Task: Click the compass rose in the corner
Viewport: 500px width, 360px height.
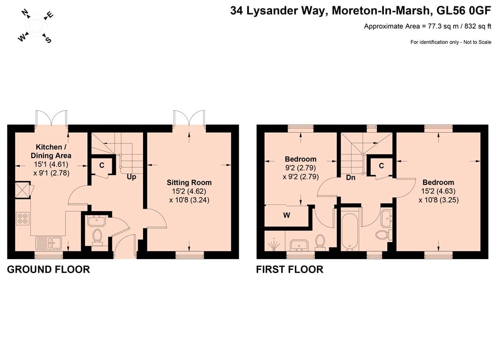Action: click(x=35, y=26)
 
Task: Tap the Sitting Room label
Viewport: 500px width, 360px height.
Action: click(x=189, y=182)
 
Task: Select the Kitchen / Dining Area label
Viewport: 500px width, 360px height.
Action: click(x=51, y=151)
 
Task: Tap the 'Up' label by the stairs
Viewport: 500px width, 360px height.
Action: click(x=131, y=177)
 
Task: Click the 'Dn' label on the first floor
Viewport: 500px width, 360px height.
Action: click(x=351, y=178)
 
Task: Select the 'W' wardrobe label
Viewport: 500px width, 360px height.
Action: click(x=287, y=215)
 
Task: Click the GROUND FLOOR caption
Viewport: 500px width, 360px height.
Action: click(x=48, y=270)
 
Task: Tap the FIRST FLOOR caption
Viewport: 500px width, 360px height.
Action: click(x=290, y=270)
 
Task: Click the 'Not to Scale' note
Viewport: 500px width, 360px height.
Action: click(x=478, y=42)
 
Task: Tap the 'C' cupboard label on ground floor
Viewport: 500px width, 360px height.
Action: click(x=102, y=165)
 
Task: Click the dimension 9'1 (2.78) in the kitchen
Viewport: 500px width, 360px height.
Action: click(x=51, y=173)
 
